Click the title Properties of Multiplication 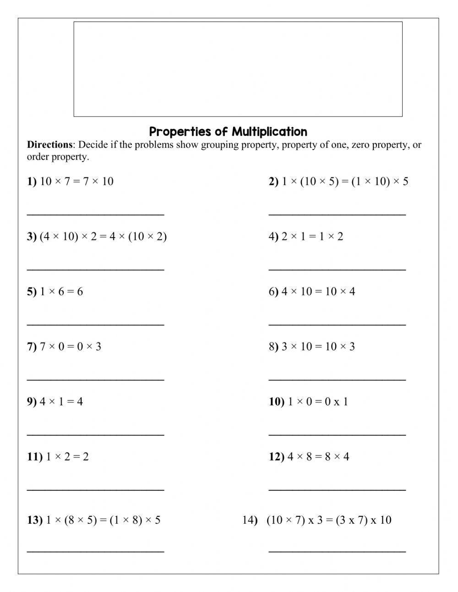(x=228, y=132)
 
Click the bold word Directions (x=49, y=145)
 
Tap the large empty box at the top (x=238, y=69)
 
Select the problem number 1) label (x=32, y=181)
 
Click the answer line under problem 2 (x=337, y=214)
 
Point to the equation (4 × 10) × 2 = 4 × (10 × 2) (x=103, y=237)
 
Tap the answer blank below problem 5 (x=95, y=324)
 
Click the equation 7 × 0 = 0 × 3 (x=70, y=347)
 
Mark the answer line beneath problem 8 (x=337, y=379)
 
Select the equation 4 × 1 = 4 (x=61, y=402)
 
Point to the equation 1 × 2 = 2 (x=67, y=457)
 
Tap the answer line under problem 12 (x=337, y=489)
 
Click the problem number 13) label (x=34, y=520)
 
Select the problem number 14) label (x=250, y=520)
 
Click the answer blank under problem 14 (x=337, y=551)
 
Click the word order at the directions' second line (x=38, y=157)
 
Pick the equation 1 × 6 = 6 (x=61, y=292)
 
